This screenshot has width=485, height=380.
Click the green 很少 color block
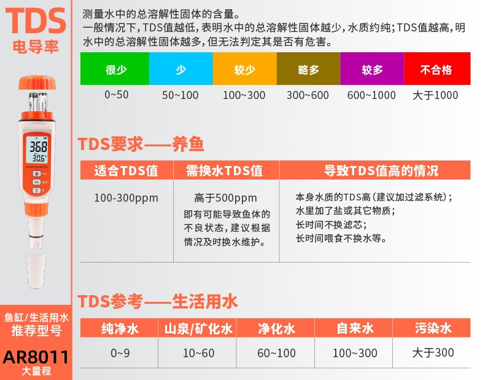[x=115, y=68]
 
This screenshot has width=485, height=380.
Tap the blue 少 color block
[x=181, y=68]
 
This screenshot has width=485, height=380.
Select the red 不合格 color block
[x=437, y=68]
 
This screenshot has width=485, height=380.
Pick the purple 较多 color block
[x=372, y=68]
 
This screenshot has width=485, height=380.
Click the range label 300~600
[x=308, y=95]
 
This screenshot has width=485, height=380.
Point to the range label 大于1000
[x=435, y=95]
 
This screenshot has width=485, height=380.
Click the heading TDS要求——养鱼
[x=141, y=144]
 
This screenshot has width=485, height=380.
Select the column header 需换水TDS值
[x=224, y=171]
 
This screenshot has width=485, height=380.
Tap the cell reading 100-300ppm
[x=126, y=198]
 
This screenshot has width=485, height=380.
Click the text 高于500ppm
[x=225, y=198]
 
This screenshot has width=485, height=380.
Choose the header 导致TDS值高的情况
[x=381, y=171]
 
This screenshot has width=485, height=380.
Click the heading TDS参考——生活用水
[x=157, y=301]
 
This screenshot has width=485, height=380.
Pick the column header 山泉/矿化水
[x=198, y=328]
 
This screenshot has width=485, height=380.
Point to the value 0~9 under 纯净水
[x=120, y=353]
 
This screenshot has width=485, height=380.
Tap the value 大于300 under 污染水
[x=433, y=353]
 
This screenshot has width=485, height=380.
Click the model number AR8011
[x=36, y=357]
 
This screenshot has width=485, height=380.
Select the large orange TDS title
[x=36, y=20]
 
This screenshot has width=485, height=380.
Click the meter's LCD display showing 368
[x=37, y=149]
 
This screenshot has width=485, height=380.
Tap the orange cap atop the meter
[x=37, y=83]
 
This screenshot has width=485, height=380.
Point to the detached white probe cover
[x=36, y=271]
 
